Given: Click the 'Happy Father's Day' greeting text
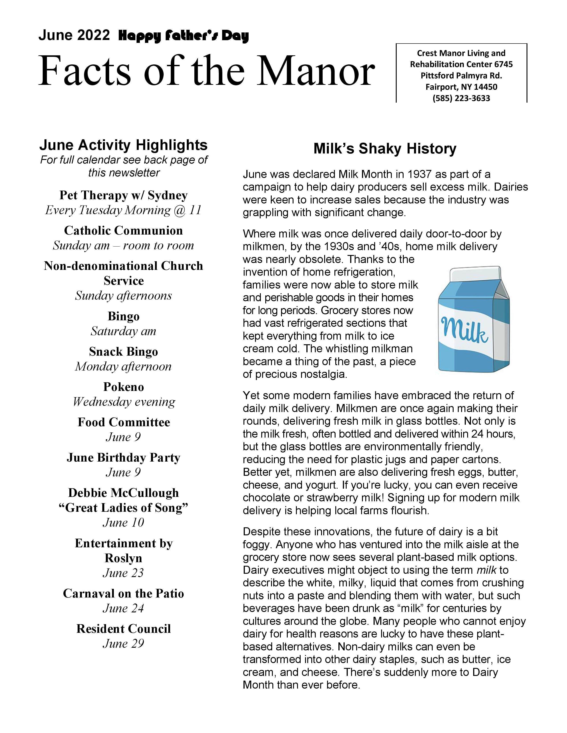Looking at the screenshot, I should tap(183, 36).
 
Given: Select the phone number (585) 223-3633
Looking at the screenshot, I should tap(461, 98).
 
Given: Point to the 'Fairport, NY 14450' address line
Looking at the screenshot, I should tap(461, 87).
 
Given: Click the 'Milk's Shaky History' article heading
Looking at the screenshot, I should tap(385, 149).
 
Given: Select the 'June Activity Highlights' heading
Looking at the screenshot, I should tap(123, 145).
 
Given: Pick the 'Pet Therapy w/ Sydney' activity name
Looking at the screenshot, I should tap(123, 195).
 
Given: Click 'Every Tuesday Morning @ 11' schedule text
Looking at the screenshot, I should tap(123, 210).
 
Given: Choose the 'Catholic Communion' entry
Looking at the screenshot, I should tap(123, 231).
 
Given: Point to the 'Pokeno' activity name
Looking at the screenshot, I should tap(123, 387).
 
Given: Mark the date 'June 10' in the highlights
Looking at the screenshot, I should tap(123, 523).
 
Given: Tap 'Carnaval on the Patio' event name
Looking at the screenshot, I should tap(123, 593).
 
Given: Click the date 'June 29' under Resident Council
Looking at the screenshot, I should tap(123, 643).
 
